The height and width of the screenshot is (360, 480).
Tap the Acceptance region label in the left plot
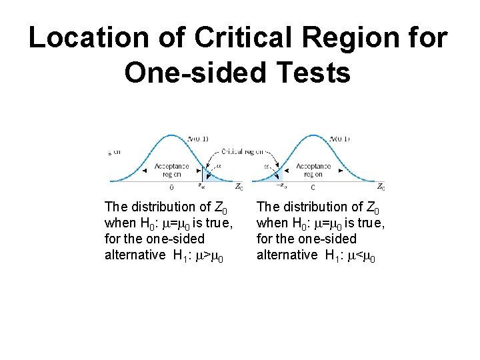pyautogui.click(x=171, y=169)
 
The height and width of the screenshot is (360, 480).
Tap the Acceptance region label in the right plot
pyautogui.click(x=313, y=169)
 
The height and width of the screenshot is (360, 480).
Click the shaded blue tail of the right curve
pyautogui.click(x=277, y=175)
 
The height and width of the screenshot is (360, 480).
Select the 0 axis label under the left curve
pyautogui.click(x=171, y=187)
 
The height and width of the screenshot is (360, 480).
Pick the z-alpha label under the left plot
pyautogui.click(x=201, y=187)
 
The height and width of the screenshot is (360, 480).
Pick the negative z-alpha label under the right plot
pyautogui.click(x=281, y=187)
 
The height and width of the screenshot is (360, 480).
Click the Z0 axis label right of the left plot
pyautogui.click(x=239, y=187)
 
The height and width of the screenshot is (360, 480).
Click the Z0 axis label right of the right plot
pyautogui.click(x=380, y=187)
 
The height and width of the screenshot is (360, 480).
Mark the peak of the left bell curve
pyautogui.click(x=171, y=136)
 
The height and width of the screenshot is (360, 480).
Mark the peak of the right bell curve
pyautogui.click(x=313, y=136)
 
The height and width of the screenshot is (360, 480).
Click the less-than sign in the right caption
pyautogui.click(x=360, y=255)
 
